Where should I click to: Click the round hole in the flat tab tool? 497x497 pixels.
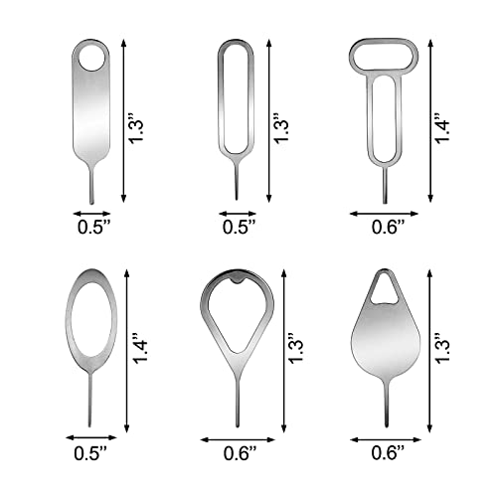pos(92,56)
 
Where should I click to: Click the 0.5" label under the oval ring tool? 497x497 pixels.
pos(92,452)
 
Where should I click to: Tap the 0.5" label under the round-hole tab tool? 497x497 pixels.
pos(92,227)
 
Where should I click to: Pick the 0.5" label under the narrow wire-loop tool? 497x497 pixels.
pos(238,227)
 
